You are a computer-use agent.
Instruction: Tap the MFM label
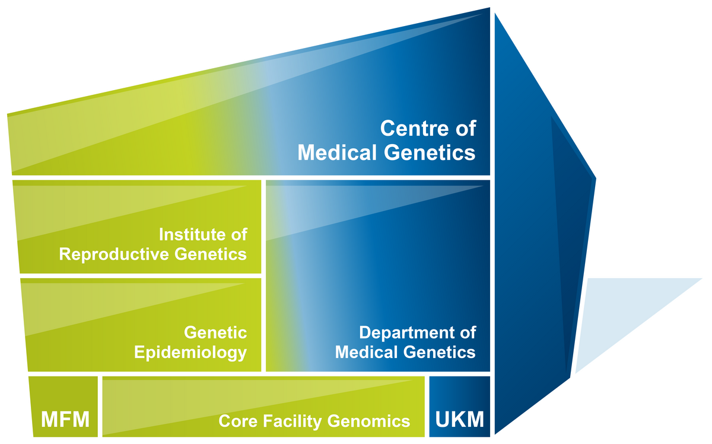65,421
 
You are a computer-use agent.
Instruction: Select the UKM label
460,421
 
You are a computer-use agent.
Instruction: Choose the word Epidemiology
190,352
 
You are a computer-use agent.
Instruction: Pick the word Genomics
366,421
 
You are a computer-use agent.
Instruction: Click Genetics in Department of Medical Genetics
440,352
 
